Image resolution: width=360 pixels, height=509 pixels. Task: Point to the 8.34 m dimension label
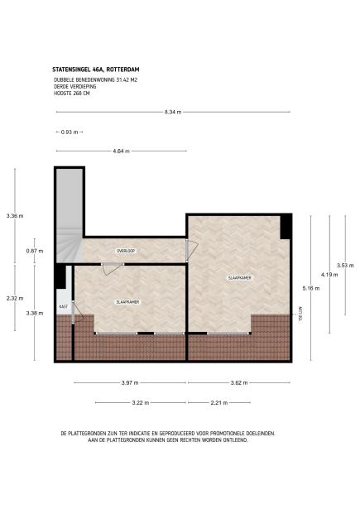click(173, 112)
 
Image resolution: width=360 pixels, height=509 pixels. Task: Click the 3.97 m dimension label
click(129, 383)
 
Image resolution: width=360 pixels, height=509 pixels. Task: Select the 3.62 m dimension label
click(238, 383)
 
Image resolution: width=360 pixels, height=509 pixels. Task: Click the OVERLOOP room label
click(126, 250)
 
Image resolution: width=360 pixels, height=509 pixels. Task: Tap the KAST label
click(63, 306)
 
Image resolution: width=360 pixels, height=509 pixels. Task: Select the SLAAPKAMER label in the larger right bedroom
click(240, 278)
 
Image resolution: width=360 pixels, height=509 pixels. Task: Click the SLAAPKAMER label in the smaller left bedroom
click(127, 302)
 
